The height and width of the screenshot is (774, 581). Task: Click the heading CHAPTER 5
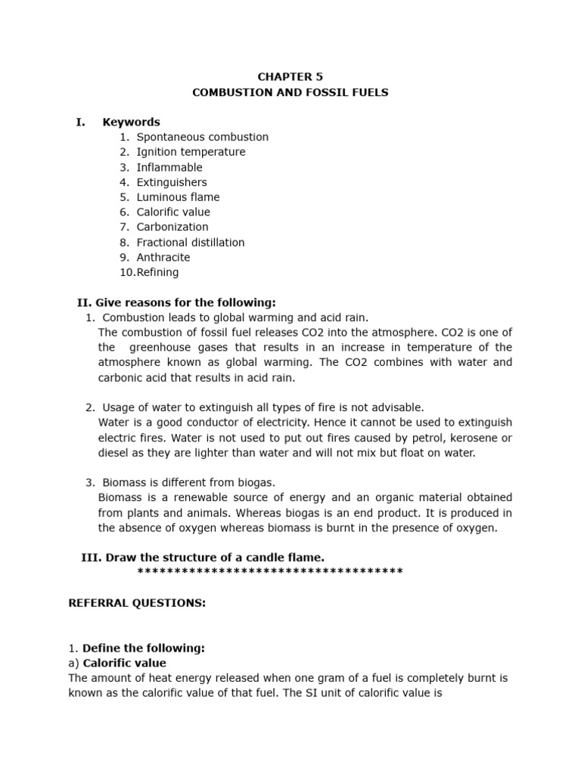pos(290,77)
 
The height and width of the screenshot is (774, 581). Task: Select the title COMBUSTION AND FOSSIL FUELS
pos(290,92)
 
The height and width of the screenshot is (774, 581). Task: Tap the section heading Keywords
pos(131,122)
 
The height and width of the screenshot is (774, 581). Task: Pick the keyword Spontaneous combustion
pos(202,137)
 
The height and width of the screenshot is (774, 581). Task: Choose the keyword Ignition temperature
pos(191,152)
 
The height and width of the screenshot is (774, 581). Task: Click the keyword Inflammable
pos(169,167)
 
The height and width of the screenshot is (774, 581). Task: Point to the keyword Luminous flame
pos(178,197)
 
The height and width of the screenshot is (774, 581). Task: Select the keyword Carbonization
pos(172,227)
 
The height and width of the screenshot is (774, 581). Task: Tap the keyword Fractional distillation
pos(191,243)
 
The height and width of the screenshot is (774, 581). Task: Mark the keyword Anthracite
pos(163,257)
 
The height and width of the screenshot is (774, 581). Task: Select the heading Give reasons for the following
pos(176,302)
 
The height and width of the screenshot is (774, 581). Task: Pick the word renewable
pos(188,497)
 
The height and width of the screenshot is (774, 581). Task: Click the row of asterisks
pos(270,571)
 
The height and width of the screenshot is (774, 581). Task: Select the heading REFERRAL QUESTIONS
pos(137,602)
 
